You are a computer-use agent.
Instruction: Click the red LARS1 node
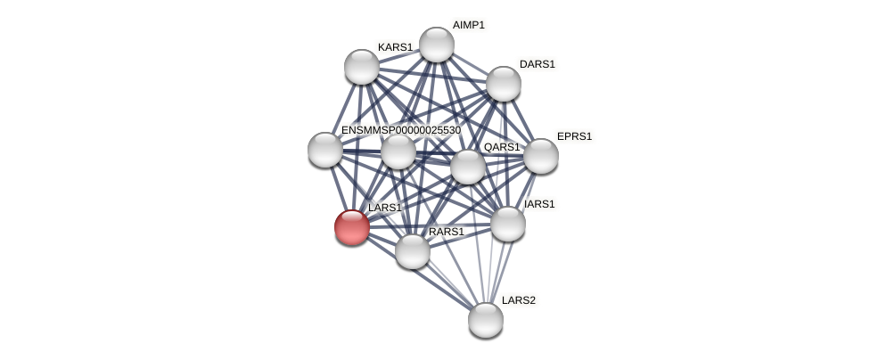(x=352, y=227)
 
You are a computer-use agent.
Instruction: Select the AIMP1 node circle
(x=437, y=45)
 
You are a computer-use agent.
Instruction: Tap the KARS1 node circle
(x=362, y=67)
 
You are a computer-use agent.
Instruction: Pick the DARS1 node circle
(x=504, y=84)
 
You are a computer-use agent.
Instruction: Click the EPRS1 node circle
(x=541, y=156)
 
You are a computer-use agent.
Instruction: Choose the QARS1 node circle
(x=468, y=167)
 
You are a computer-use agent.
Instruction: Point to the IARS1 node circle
(x=508, y=224)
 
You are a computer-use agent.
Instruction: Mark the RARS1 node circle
(x=413, y=251)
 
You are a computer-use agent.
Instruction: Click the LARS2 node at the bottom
(x=486, y=320)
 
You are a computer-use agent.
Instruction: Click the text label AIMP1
(x=468, y=25)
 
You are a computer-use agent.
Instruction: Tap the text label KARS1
(x=395, y=47)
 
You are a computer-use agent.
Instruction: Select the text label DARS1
(x=538, y=64)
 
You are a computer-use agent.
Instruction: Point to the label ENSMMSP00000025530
(x=401, y=130)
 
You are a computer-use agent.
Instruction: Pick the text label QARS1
(x=502, y=147)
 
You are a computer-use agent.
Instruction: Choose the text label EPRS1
(x=574, y=136)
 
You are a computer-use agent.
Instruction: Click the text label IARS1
(x=539, y=204)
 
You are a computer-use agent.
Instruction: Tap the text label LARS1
(x=385, y=208)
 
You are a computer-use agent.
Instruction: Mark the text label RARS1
(x=446, y=232)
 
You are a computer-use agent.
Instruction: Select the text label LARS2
(x=519, y=300)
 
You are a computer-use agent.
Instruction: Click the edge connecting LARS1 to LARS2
(x=419, y=274)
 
